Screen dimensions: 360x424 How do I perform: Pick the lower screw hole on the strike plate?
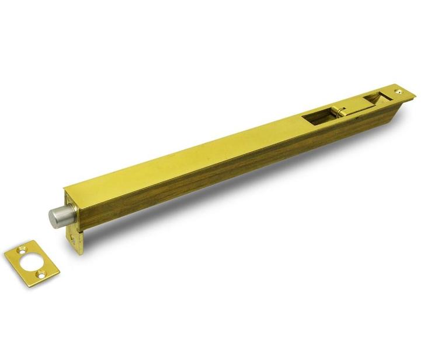[39, 272]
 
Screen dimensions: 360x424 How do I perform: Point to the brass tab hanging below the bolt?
[74, 240]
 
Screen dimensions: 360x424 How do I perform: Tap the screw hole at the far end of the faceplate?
[399, 91]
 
